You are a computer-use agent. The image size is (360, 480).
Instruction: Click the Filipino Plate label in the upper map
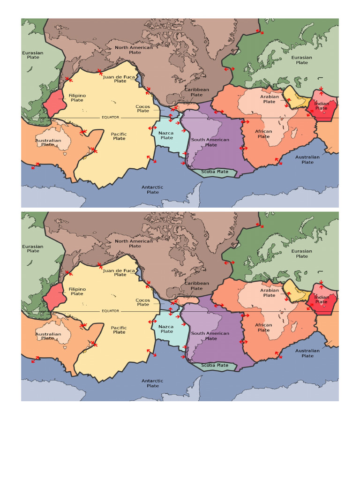77,97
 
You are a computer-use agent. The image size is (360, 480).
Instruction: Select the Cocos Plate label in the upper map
143,109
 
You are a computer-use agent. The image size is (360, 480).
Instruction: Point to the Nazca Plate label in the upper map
167,135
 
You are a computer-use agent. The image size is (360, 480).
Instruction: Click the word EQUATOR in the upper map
111,117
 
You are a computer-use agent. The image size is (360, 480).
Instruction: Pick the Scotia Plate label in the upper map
215,172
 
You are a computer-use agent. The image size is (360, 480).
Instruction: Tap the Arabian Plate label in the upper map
270,99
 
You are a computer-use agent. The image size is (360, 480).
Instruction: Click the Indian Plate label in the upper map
322,106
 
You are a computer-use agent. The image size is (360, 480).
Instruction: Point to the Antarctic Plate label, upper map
153,189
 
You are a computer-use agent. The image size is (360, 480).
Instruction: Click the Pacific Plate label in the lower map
120,330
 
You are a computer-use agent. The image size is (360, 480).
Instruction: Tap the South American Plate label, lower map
210,336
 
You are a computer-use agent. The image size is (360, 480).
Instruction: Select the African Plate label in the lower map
263,327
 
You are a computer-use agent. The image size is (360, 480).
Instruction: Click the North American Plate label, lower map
134,243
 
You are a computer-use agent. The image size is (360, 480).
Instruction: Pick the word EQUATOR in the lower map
111,311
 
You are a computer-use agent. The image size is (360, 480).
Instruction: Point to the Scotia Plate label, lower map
215,365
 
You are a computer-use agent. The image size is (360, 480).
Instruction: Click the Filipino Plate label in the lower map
77,291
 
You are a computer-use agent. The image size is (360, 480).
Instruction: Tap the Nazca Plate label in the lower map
167,329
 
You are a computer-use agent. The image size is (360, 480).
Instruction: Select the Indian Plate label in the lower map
322,299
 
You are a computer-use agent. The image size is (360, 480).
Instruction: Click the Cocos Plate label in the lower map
143,302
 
